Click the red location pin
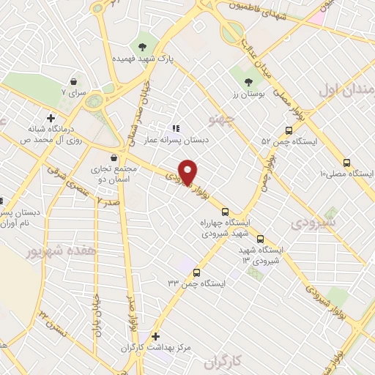188,171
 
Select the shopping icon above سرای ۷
73,82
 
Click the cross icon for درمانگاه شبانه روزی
50,117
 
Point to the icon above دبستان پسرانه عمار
175,127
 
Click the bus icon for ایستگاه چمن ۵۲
289,129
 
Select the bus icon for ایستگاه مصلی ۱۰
346,163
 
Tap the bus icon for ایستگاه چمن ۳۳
196,272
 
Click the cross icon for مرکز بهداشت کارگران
155,337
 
